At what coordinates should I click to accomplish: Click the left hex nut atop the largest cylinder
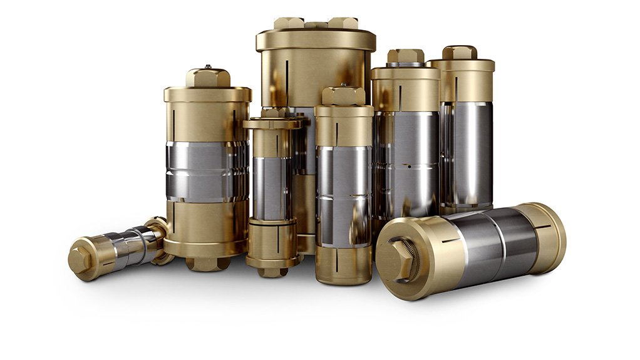pos(289,23)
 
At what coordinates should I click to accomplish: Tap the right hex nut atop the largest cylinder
pos(343,23)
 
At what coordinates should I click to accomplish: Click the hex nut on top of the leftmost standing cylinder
pos(207,78)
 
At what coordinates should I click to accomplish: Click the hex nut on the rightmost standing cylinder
pos(460,53)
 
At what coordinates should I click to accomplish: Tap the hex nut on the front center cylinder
pos(343,96)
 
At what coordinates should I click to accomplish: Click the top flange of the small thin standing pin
pos(271,124)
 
